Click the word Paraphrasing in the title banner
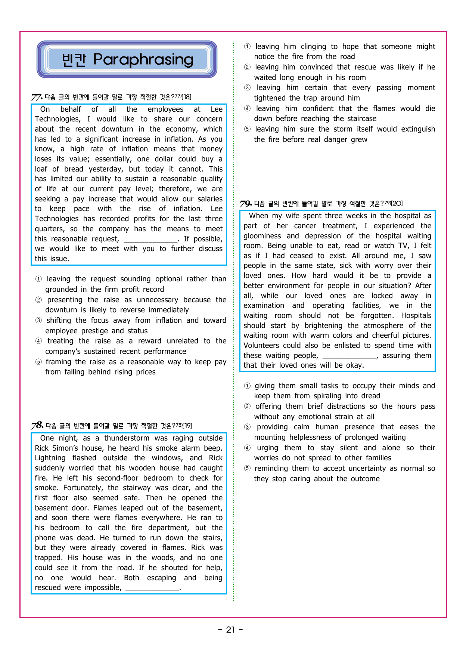[x=143, y=59]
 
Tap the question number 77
[x=36, y=98]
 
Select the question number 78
[x=37, y=426]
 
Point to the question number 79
[x=245, y=204]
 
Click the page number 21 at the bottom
[x=231, y=630]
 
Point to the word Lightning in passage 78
[x=50, y=458]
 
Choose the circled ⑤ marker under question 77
[x=38, y=362]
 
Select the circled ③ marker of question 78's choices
[x=247, y=88]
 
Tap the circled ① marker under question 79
[x=247, y=386]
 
